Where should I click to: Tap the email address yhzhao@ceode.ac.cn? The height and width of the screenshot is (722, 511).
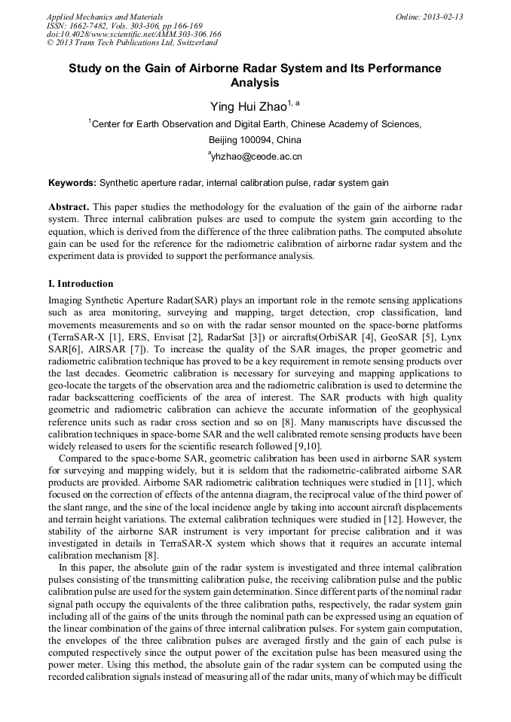click(256, 157)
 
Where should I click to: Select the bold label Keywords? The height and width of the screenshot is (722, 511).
click(72, 183)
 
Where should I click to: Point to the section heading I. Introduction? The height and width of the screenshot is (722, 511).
click(81, 284)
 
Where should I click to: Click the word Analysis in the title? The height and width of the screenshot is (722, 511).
click(255, 83)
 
